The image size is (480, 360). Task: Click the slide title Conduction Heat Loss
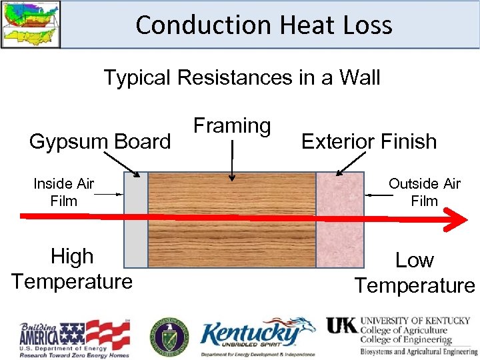point(264,25)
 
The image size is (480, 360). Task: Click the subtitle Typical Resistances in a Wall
point(241,77)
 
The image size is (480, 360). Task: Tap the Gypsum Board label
point(100,141)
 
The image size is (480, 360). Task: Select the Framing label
point(232,125)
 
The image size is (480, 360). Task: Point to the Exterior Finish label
point(369,141)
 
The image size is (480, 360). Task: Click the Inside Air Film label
point(63,192)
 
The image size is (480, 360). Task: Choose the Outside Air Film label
point(424,192)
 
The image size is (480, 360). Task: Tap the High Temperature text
point(72,269)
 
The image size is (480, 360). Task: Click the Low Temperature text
point(415,273)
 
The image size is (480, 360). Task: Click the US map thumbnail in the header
point(30,24)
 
